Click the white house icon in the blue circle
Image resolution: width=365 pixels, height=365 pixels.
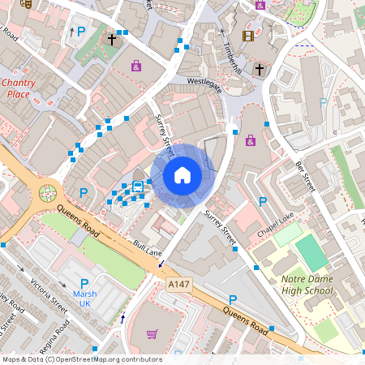(x=182, y=175)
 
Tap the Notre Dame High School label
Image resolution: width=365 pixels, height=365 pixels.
(x=306, y=285)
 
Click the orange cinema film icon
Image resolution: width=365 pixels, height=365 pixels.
(x=248, y=35)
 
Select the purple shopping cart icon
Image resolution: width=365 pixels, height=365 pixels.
(x=152, y=334)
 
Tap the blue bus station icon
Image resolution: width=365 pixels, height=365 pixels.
(x=138, y=187)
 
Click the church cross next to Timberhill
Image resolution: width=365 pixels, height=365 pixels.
(x=260, y=71)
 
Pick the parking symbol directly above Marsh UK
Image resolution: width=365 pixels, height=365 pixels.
(x=84, y=282)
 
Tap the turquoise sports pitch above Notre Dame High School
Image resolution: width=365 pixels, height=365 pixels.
(x=311, y=252)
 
